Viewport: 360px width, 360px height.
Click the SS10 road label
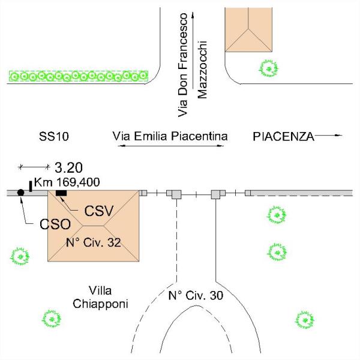click(54, 136)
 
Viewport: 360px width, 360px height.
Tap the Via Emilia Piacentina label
click(170, 136)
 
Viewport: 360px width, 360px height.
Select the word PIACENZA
click(283, 137)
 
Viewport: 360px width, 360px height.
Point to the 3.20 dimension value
click(68, 167)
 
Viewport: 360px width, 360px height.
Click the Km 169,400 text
click(67, 182)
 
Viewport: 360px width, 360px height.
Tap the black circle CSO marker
click(20, 193)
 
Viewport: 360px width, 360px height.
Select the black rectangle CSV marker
click(61, 193)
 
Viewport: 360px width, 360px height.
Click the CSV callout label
click(99, 211)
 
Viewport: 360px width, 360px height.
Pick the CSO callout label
click(55, 224)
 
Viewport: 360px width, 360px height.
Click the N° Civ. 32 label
click(93, 242)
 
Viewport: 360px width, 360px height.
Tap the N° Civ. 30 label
click(196, 295)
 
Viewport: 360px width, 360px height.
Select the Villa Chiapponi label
click(100, 298)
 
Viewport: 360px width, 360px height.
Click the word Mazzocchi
click(203, 70)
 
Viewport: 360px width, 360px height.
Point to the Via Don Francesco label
click(183, 65)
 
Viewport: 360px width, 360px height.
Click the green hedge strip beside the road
click(79, 76)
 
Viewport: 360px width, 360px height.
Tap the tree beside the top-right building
click(268, 68)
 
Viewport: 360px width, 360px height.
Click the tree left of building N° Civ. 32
click(20, 256)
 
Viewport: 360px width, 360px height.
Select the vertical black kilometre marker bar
click(31, 186)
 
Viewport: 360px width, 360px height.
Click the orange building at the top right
click(248, 29)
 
